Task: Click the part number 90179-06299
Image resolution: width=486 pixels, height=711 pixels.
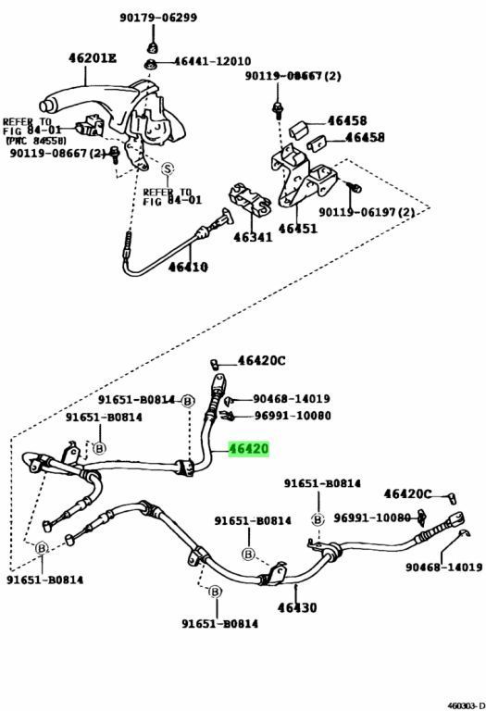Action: (157, 17)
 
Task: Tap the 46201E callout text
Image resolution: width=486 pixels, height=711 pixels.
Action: (93, 58)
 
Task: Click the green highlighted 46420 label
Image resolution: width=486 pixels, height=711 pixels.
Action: (249, 449)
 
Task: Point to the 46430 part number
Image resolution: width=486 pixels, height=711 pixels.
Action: (293, 607)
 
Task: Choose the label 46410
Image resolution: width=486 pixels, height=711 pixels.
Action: (188, 268)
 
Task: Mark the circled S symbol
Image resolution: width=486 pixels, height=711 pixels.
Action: (168, 168)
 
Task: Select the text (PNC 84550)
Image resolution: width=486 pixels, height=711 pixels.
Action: (35, 141)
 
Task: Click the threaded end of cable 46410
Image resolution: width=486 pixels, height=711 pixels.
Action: (126, 247)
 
